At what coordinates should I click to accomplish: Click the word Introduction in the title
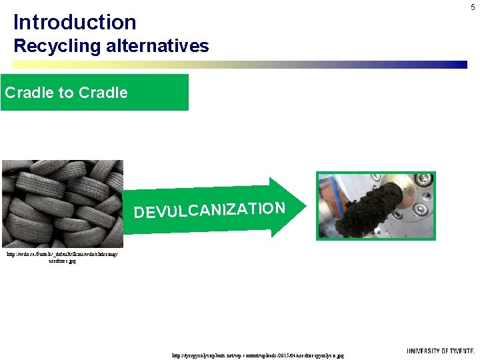[75, 22]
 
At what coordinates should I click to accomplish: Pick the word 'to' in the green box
[66, 93]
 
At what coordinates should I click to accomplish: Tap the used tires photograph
[62, 203]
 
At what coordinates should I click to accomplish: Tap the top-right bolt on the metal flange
[422, 180]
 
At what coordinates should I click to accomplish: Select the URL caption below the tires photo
[62, 255]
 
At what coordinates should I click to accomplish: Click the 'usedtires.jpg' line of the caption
[62, 261]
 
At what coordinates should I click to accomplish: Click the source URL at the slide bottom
[258, 356]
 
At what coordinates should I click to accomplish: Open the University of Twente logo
[441, 351]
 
